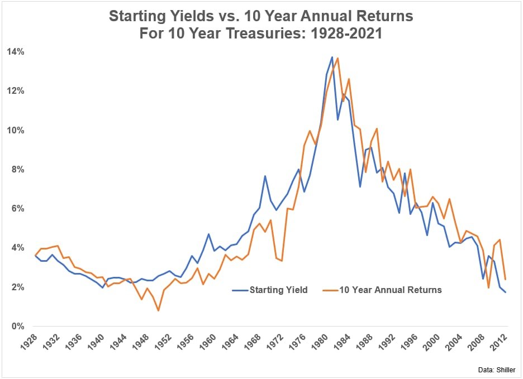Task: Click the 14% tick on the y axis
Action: [x=15, y=52]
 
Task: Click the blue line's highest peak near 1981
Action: [x=332, y=57]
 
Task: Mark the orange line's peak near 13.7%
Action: [x=337, y=58]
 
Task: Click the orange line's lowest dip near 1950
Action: [x=158, y=310]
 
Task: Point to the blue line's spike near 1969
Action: [x=265, y=176]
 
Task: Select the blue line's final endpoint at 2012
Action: [x=506, y=292]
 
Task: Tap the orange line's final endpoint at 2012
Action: [x=506, y=279]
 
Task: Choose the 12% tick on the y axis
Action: [x=15, y=91]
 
